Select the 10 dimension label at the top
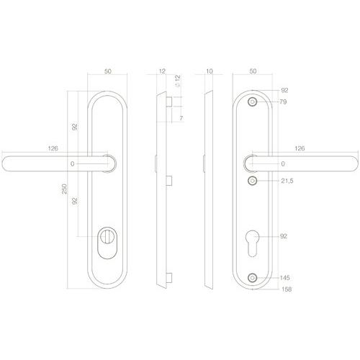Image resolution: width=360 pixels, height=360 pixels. [x=209, y=72]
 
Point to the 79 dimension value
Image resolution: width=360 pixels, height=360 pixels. [x=283, y=102]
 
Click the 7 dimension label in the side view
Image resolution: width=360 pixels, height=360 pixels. [x=181, y=117]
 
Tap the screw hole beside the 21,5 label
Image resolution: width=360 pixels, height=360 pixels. [x=252, y=181]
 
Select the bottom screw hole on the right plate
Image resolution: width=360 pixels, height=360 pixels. [x=252, y=278]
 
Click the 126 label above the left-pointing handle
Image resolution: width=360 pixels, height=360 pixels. [x=52, y=149]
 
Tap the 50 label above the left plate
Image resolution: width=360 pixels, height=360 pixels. [x=108, y=72]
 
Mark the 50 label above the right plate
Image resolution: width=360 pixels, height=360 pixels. [x=252, y=72]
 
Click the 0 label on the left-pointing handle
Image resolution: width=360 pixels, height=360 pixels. [x=72, y=165]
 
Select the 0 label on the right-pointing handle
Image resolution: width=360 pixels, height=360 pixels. [x=283, y=165]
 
